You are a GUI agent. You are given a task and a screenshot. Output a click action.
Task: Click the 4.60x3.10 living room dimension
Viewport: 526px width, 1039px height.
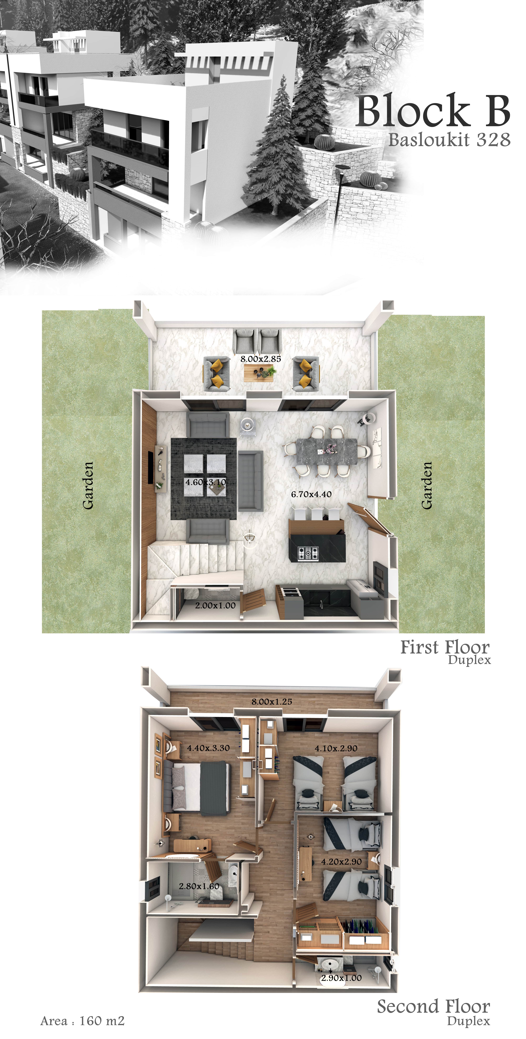point(206,482)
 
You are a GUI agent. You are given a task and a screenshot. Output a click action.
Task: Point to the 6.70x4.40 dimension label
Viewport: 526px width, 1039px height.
point(311,494)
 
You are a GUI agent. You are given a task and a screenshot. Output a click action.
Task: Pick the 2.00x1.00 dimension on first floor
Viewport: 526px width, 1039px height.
point(215,605)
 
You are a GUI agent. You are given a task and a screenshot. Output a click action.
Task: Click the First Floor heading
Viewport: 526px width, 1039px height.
point(445,647)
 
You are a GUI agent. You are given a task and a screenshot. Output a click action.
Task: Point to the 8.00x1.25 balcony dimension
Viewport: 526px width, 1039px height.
point(272,701)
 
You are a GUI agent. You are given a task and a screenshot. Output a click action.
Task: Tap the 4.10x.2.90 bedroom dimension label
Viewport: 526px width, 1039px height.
point(336,748)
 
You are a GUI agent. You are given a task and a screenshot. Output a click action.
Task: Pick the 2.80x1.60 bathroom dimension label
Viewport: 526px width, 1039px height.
point(199,886)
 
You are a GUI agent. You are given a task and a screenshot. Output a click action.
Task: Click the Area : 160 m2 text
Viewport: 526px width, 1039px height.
point(82,1021)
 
